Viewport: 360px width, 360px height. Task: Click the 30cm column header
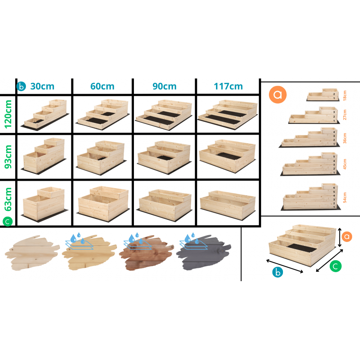click(x=42, y=86)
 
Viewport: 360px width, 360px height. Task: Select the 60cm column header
click(x=102, y=86)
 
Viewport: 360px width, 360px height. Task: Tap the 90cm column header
click(x=165, y=86)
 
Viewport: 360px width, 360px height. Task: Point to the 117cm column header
click(x=228, y=86)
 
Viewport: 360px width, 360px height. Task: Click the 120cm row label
click(x=8, y=114)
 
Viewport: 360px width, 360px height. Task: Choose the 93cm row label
click(x=8, y=157)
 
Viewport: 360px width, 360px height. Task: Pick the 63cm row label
click(x=8, y=199)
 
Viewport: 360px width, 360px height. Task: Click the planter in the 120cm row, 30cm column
click(x=45, y=115)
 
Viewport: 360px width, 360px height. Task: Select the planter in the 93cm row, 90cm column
click(x=164, y=157)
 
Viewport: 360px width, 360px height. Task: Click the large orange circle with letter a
click(x=278, y=95)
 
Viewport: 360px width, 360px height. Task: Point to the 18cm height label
click(x=345, y=95)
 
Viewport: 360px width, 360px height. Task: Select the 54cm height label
click(x=345, y=197)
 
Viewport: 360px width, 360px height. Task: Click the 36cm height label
click(x=345, y=138)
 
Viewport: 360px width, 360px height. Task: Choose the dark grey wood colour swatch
click(x=203, y=252)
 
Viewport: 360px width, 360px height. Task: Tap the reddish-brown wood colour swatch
click(x=146, y=252)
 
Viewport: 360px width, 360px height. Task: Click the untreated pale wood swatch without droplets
click(x=32, y=253)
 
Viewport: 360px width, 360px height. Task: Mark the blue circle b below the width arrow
click(x=278, y=272)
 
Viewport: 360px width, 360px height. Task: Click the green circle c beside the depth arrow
click(x=336, y=266)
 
